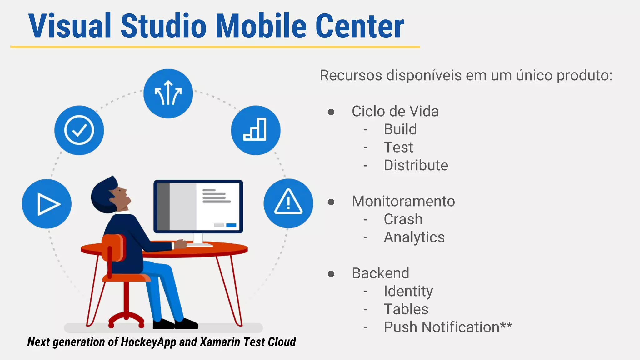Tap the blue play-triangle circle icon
47,204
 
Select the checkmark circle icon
79,130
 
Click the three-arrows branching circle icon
168,93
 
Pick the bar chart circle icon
256,130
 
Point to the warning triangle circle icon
288,203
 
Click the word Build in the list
400,129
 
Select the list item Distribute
416,165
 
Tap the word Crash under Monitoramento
403,219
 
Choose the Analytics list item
414,237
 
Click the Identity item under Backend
408,292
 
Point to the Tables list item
406,309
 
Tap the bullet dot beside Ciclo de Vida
331,112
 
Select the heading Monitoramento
403,201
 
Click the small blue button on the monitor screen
231,225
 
